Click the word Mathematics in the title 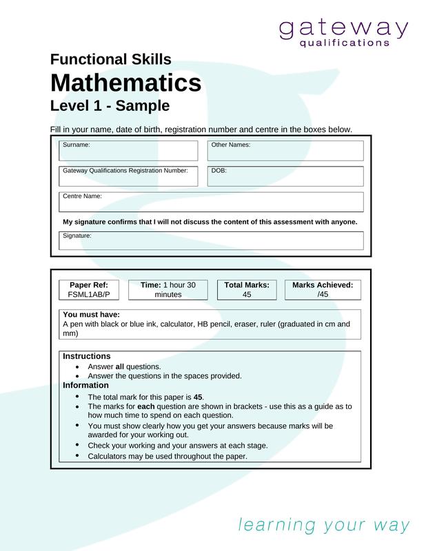tap(125, 83)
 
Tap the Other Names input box tap(285, 151)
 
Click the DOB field tap(285, 176)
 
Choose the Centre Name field tap(212, 202)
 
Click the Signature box tap(212, 240)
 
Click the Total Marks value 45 tap(246, 294)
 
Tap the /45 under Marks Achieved tap(322, 294)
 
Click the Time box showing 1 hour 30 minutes tap(168, 289)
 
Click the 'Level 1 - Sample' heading tap(110, 106)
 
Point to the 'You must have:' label tap(91, 315)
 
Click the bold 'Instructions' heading tap(86, 356)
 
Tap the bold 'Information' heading tap(85, 385)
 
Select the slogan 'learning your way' tap(323, 526)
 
